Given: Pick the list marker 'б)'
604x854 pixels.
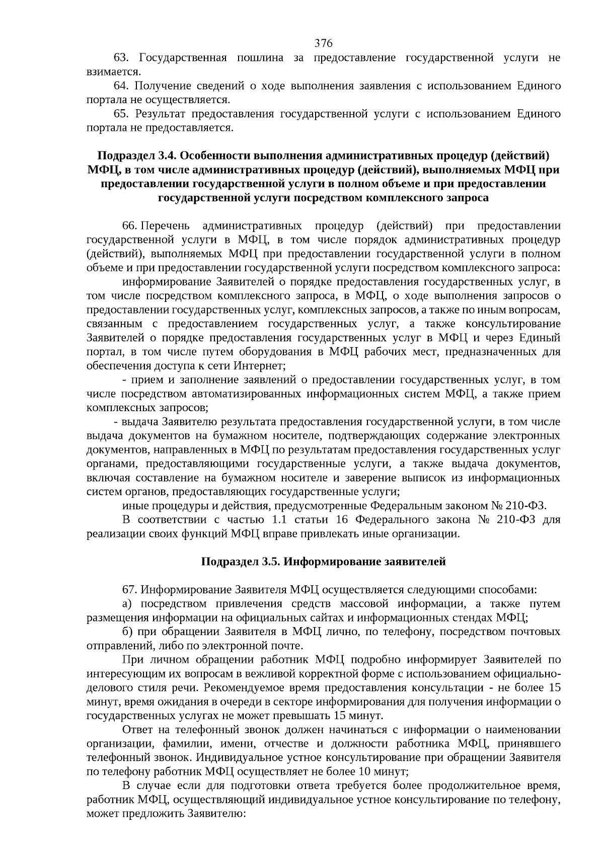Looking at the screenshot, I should [x=127, y=632].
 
